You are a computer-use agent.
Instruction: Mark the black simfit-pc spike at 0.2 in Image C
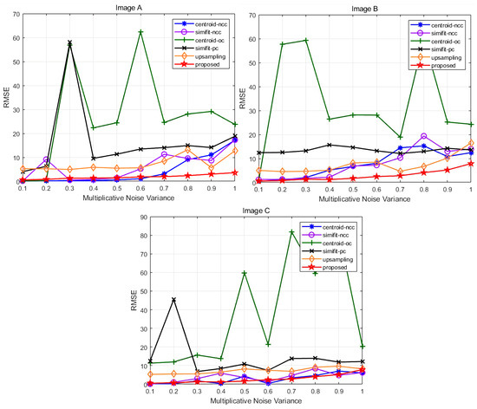[173, 300]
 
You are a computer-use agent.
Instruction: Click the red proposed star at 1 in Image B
[471, 163]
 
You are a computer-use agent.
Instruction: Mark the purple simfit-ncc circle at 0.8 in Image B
[423, 136]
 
